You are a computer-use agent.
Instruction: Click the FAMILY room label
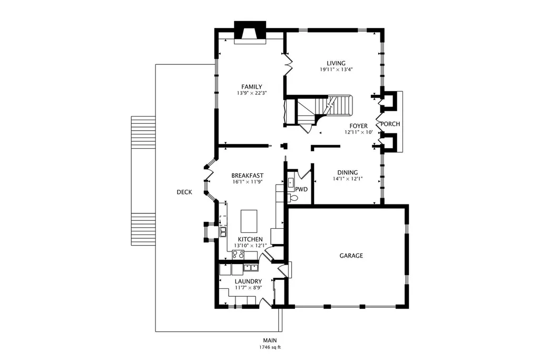tap(251, 87)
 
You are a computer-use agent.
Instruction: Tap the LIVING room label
tap(336, 63)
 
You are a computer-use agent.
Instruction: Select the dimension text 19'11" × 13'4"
tap(336, 69)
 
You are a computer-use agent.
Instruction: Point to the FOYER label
tap(359, 126)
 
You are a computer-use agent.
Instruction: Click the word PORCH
tap(390, 124)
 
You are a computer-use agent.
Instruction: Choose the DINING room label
tap(348, 172)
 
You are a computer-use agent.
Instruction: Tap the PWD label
tap(301, 189)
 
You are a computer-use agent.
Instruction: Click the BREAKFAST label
tap(247, 176)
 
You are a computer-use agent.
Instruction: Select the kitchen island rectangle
tap(249, 221)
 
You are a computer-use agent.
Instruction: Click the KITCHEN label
tap(250, 239)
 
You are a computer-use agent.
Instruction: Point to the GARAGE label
tap(351, 256)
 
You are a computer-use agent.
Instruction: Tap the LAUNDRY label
tap(248, 281)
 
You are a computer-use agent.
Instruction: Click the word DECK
tap(184, 192)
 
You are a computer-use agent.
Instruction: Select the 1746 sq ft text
tap(270, 347)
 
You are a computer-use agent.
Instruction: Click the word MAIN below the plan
tap(270, 340)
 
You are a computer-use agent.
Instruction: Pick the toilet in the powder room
tap(293, 198)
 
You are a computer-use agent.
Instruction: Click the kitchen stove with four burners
tap(238, 255)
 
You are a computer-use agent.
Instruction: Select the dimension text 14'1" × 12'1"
tap(348, 179)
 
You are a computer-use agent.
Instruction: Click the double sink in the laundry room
tap(251, 267)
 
